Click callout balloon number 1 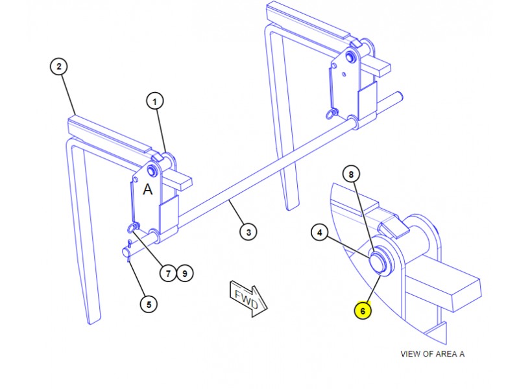pos(154,101)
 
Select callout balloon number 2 pos(58,66)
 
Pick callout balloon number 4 pos(319,231)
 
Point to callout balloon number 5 pos(148,303)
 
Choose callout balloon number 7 pos(167,274)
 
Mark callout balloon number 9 pos(184,274)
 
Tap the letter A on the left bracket pos(148,190)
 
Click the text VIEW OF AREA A pos(433,354)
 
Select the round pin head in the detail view pos(378,262)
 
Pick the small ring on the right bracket pos(331,114)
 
